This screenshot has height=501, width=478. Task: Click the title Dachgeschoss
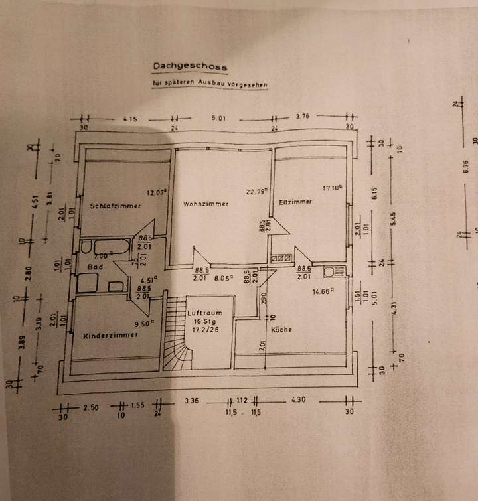click(190, 67)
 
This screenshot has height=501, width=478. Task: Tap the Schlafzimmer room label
click(115, 206)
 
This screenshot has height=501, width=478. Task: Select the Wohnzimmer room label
click(206, 204)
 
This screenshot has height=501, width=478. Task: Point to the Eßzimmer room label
click(295, 202)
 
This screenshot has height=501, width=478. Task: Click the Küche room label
click(281, 330)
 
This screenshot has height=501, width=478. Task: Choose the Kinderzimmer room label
click(110, 336)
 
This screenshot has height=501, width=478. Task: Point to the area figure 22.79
click(257, 191)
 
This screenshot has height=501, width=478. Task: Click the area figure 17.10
click(332, 188)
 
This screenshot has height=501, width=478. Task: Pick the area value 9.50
click(144, 324)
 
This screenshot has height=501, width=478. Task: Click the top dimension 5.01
click(219, 119)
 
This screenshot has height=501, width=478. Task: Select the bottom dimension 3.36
click(191, 401)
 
